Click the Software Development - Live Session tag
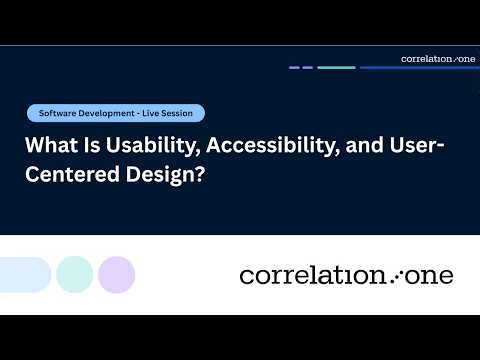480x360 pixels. click(116, 113)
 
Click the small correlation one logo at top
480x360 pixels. click(437, 59)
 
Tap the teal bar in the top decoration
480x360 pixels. click(336, 68)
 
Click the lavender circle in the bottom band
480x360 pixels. click(116, 274)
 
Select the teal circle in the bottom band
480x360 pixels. click(74, 274)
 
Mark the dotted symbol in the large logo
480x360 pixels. click(397, 275)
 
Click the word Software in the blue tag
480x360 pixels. click(58, 113)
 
